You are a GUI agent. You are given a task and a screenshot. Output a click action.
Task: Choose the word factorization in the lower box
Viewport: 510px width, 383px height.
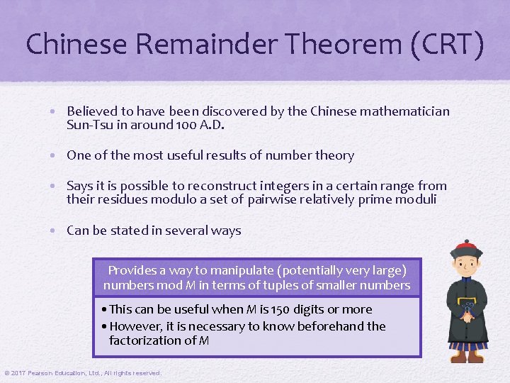(x=154, y=340)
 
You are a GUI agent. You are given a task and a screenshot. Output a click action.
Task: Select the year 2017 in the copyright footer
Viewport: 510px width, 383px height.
(x=17, y=373)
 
